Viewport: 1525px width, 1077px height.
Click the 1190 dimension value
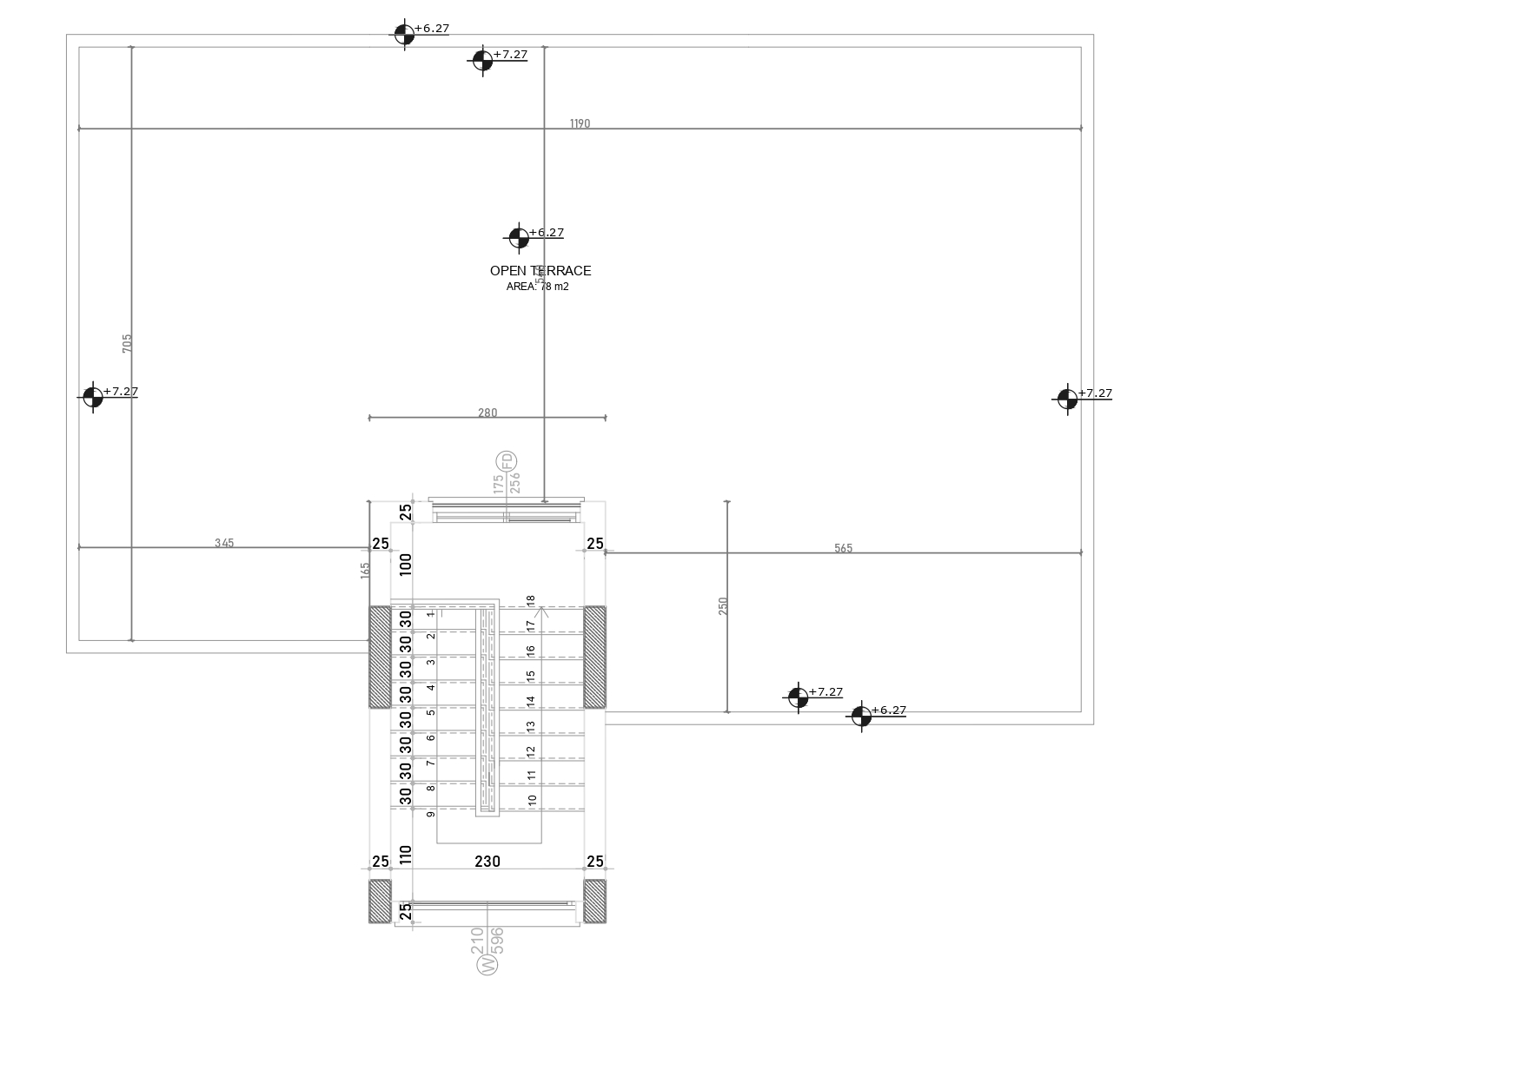coord(580,123)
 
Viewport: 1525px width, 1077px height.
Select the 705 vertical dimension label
coord(127,343)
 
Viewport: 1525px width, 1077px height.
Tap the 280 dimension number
coord(487,413)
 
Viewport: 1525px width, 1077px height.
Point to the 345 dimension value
coord(224,543)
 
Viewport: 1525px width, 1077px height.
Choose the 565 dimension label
coord(843,548)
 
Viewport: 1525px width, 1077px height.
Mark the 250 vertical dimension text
coord(723,606)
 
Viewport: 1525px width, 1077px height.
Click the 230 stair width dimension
coord(487,861)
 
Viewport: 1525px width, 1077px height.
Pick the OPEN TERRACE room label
coord(540,271)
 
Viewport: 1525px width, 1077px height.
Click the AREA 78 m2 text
coord(538,287)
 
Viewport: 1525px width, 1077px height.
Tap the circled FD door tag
coord(506,461)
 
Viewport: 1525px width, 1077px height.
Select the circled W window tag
coord(488,964)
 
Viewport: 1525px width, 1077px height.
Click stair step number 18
coord(531,600)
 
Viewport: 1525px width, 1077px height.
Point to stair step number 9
coord(431,814)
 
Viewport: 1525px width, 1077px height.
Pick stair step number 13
coord(531,725)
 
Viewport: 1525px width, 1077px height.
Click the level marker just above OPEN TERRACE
coord(519,237)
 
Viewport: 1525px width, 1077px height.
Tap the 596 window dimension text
coord(497,940)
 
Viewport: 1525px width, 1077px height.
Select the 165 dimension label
coord(365,571)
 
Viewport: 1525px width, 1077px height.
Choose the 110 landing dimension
coord(406,854)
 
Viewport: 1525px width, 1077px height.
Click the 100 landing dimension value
coord(406,565)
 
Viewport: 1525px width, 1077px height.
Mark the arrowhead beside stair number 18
coord(540,611)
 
